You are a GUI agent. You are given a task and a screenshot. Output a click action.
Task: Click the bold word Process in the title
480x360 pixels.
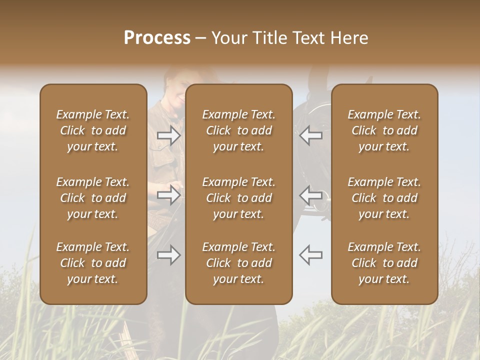coord(157,38)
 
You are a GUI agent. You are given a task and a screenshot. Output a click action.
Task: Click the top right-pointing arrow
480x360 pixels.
coord(169,135)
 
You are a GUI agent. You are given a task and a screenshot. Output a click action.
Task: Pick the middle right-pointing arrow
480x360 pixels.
coord(169,195)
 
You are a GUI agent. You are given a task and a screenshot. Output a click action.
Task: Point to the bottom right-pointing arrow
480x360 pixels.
coord(169,255)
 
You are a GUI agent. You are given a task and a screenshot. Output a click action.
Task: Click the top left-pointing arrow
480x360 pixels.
coord(311,135)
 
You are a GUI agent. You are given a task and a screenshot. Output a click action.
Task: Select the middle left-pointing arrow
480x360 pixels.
coord(311,195)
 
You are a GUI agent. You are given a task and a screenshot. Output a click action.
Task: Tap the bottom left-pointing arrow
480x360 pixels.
coord(311,255)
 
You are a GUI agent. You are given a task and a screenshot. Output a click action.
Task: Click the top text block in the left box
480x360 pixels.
coord(93,130)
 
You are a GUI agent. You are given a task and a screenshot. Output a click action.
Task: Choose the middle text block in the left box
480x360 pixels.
coord(93,198)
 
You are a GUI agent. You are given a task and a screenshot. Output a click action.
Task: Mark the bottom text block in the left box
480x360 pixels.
coord(93,263)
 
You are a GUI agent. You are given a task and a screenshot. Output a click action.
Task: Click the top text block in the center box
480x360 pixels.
coord(239,130)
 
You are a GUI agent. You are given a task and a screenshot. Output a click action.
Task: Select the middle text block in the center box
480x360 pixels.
coord(239,198)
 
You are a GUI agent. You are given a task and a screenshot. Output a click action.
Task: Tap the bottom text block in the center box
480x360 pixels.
coord(239,263)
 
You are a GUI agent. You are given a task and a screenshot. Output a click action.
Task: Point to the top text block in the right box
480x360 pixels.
coord(384,130)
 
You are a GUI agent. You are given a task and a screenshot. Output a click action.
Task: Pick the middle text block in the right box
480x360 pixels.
coord(384,198)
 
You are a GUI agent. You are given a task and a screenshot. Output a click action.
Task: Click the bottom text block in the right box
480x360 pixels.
coord(384,263)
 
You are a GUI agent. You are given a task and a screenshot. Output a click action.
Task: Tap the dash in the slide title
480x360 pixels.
coord(201,38)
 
